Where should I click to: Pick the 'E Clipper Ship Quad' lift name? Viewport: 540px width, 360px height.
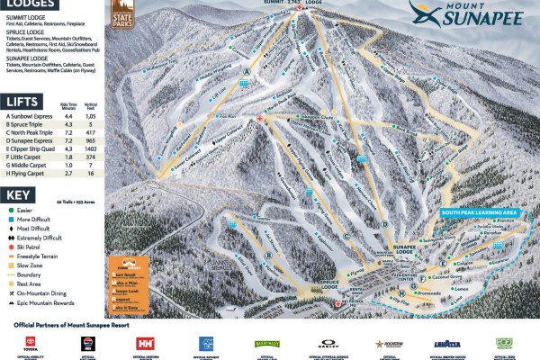point(32,148)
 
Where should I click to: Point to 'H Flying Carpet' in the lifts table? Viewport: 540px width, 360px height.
point(26,173)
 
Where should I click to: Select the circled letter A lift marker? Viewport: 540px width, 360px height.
point(245,73)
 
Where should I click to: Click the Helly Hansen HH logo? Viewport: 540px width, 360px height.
point(146,343)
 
